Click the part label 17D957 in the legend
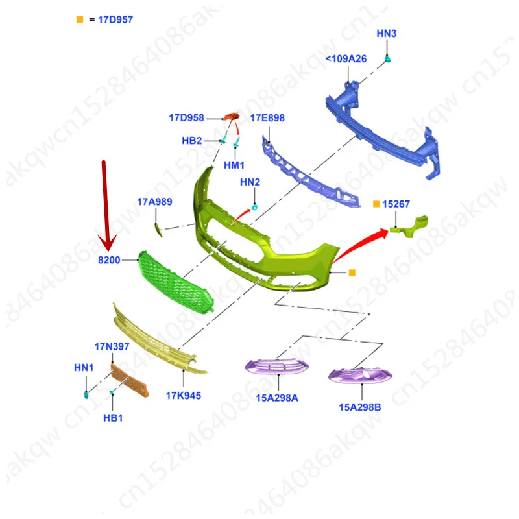tap(115, 19)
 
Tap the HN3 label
tap(386, 34)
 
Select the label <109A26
tap(346, 58)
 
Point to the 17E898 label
tap(267, 118)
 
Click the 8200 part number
tap(109, 260)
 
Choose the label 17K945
tap(184, 396)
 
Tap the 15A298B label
tap(360, 407)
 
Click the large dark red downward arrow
tap(106, 205)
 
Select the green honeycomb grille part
tap(175, 282)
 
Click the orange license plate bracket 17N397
tap(130, 380)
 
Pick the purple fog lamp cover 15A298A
tap(277, 367)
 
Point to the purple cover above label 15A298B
tap(360, 376)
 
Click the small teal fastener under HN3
tap(387, 59)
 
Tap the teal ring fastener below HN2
tap(254, 208)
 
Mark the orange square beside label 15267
tap(376, 204)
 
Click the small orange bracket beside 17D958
tap(232, 117)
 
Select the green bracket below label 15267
tap(409, 226)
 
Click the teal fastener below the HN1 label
tap(86, 395)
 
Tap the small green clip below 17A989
tap(159, 230)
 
